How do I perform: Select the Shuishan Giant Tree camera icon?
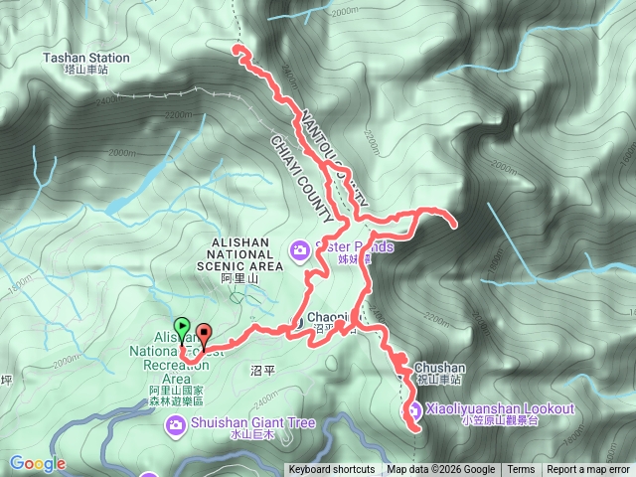[x=175, y=424]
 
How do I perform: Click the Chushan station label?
[x=438, y=367]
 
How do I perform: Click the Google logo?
[x=38, y=463]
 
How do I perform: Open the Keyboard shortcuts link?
[x=332, y=470]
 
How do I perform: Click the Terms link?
[x=521, y=470]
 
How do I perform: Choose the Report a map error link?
[x=589, y=470]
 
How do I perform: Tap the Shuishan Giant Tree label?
[x=251, y=423]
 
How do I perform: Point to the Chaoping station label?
[x=334, y=317]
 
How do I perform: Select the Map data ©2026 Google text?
[x=441, y=470]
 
